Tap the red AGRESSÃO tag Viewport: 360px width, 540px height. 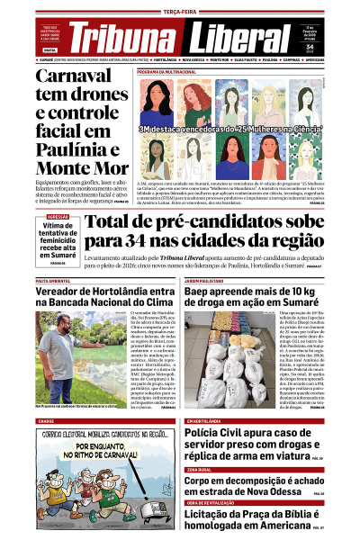coord(58,217)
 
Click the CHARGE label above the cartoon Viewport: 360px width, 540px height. coord(46,420)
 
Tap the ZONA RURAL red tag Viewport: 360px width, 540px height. coord(200,469)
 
